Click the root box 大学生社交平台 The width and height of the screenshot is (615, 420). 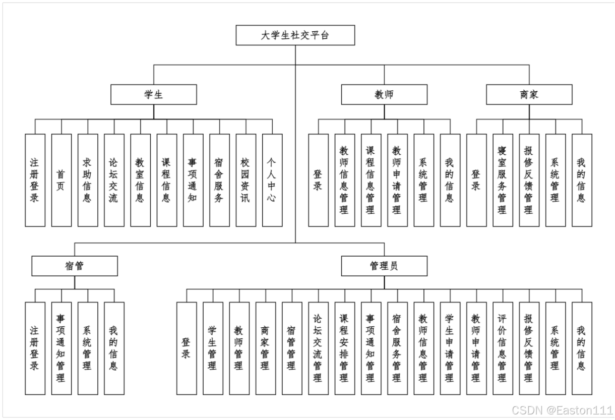(x=295, y=35)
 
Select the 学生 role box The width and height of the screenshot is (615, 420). (x=154, y=94)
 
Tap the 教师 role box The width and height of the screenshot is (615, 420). (x=384, y=94)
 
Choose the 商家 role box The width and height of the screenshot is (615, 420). (x=529, y=94)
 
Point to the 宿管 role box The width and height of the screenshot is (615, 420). (x=75, y=266)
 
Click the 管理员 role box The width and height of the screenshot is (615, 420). (x=384, y=266)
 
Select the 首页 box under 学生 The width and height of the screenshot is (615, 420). (x=61, y=180)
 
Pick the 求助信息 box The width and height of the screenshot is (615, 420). (x=88, y=180)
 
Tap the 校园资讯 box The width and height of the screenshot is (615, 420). (x=245, y=180)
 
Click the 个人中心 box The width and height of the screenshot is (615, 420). (x=272, y=180)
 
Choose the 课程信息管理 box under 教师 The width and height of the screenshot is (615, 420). (x=371, y=180)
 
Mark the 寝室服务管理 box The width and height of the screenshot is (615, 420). (x=503, y=180)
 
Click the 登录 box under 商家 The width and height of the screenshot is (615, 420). (x=476, y=180)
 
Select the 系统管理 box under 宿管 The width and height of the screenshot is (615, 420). (x=88, y=348)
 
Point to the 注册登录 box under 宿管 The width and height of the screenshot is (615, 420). (x=35, y=348)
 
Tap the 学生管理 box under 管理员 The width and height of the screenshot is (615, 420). (x=213, y=348)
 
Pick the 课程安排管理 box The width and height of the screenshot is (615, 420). (x=345, y=348)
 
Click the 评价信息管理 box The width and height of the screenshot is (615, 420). (x=503, y=348)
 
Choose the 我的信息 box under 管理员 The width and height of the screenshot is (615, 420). (x=582, y=348)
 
